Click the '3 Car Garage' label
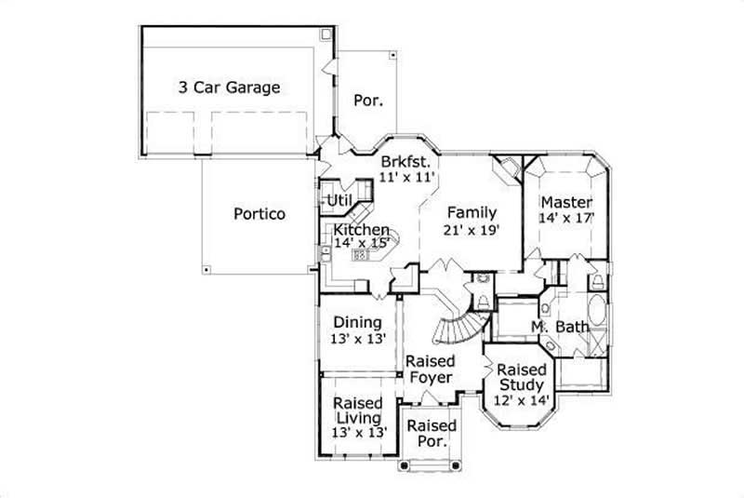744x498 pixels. click(229, 88)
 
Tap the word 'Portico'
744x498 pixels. click(259, 213)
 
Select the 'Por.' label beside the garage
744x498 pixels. click(369, 100)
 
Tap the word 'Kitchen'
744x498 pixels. click(362, 230)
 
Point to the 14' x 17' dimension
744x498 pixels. click(566, 218)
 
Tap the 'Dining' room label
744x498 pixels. click(357, 323)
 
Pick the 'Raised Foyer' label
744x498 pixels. click(431, 369)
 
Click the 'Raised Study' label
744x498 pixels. click(521, 378)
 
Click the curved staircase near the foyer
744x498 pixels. click(457, 325)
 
